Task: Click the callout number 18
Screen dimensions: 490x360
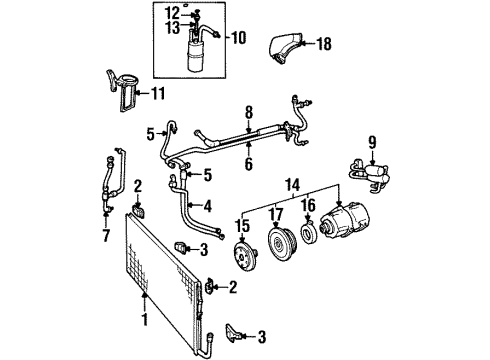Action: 324,44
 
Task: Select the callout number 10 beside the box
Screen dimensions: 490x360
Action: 239,38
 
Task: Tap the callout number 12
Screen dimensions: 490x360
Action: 173,14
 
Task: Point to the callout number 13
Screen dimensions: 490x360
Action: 173,28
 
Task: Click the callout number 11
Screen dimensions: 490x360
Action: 158,94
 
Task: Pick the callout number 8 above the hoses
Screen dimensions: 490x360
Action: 249,112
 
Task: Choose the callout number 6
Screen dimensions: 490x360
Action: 249,164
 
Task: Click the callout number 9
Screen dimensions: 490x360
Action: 372,142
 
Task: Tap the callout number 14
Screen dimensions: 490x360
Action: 293,184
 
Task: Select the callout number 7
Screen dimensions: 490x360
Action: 106,236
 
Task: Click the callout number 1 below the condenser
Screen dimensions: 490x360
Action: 145,319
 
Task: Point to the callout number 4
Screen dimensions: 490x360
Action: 208,207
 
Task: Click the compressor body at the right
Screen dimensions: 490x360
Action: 344,218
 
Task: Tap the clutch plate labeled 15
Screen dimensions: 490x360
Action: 247,257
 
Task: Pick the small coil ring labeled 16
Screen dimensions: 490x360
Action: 309,232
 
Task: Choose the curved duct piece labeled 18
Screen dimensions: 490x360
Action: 285,48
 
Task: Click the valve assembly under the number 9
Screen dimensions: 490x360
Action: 369,174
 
